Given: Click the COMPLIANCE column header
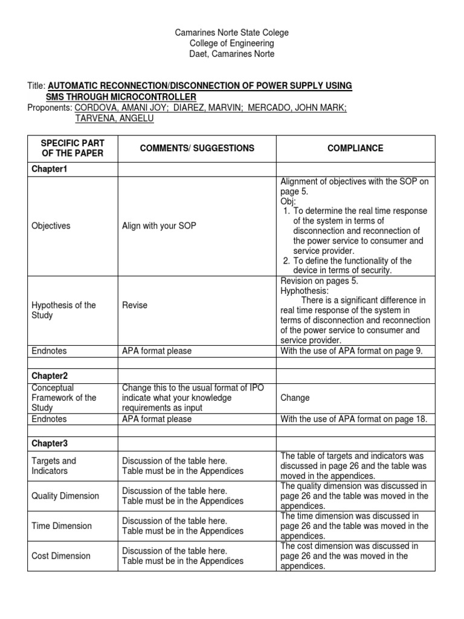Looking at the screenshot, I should [x=356, y=148].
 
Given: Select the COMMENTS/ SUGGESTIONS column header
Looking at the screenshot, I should [x=188, y=148].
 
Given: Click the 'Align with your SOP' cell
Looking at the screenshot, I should [x=158, y=225].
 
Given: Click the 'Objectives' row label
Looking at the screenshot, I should [x=51, y=225].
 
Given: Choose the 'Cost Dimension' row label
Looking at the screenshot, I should [x=60, y=556].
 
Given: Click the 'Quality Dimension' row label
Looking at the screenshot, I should [x=65, y=496].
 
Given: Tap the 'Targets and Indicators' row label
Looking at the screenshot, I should [x=54, y=465].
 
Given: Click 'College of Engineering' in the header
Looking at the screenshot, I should [x=231, y=43].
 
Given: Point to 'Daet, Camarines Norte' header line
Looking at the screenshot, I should [x=231, y=54].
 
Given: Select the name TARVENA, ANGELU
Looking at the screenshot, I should [x=114, y=118].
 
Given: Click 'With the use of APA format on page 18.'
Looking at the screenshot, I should [x=354, y=418].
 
